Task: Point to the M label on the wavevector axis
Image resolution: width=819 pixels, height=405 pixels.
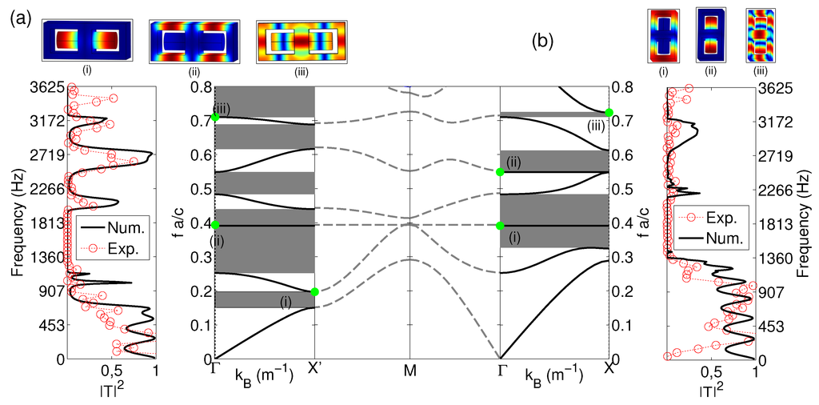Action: coord(410,371)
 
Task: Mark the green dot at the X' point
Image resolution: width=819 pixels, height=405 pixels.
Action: coord(314,292)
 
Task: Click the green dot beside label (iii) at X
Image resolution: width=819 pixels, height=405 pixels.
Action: coord(609,113)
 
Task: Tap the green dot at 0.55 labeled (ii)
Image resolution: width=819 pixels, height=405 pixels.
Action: coord(500,172)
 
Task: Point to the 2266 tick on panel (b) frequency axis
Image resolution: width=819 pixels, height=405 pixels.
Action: coord(775,190)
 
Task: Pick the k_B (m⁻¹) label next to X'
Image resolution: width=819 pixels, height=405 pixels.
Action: coord(263,374)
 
